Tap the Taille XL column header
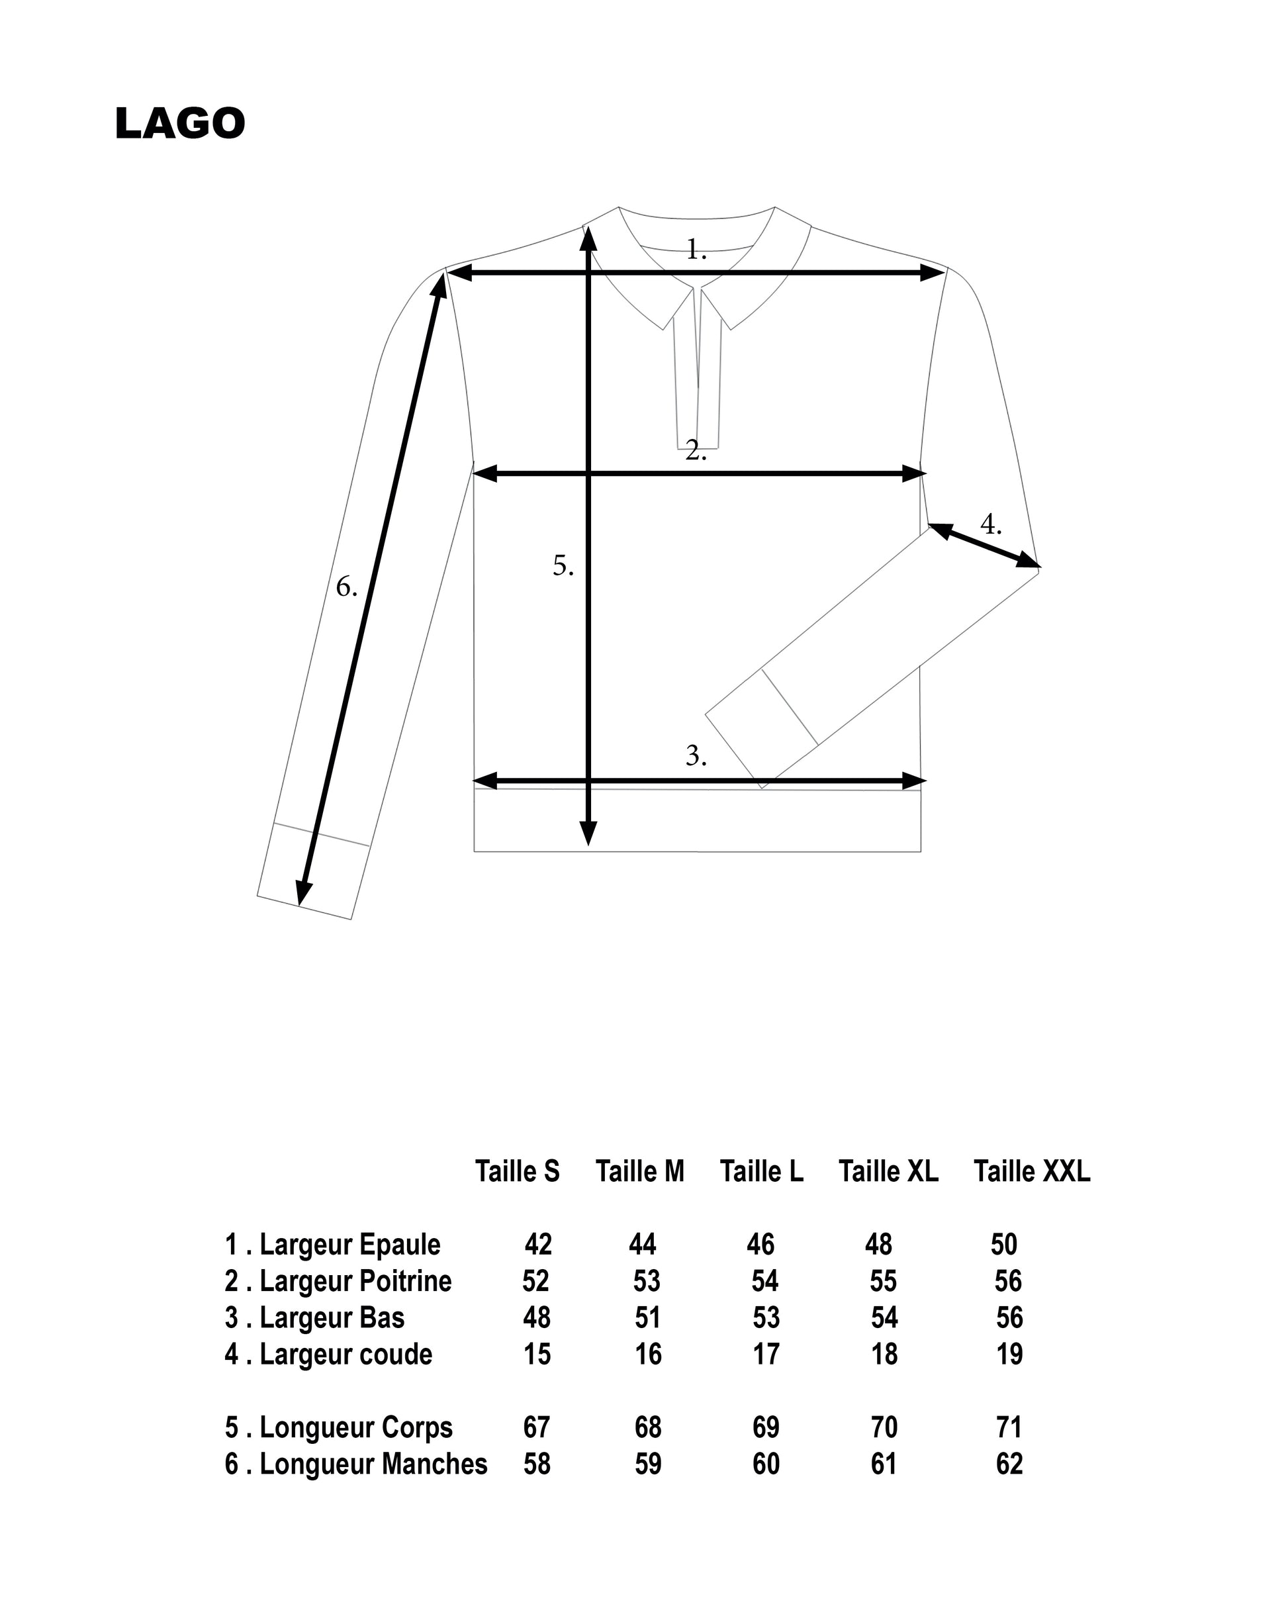point(888,1171)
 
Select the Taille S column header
point(517,1171)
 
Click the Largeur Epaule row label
point(332,1245)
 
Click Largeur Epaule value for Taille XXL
point(1003,1245)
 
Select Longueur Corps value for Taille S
point(536,1427)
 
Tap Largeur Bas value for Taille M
point(647,1317)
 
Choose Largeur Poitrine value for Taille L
point(765,1281)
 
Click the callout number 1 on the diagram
point(696,250)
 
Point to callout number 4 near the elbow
point(990,524)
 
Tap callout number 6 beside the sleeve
point(346,586)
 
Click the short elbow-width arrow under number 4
point(984,546)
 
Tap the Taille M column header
point(639,1171)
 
